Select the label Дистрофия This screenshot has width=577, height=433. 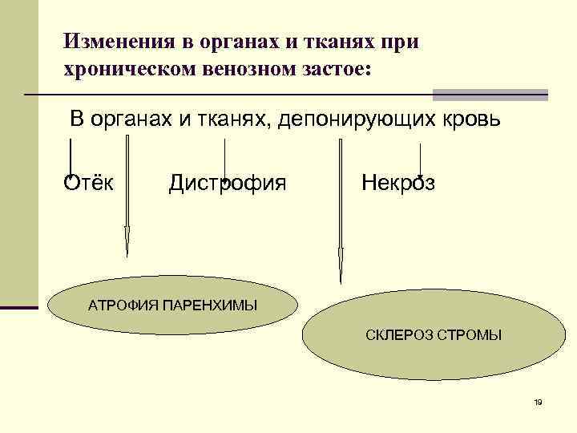pos(227,183)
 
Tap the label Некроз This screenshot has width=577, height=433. pos(398,183)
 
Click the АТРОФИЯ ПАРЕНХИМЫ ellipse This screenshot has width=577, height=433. pos(172,306)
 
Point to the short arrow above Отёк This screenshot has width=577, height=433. pos(71,156)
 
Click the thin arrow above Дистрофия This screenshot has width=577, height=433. pos(224,160)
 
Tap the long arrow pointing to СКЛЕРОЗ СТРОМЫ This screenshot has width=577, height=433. pos(341,212)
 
